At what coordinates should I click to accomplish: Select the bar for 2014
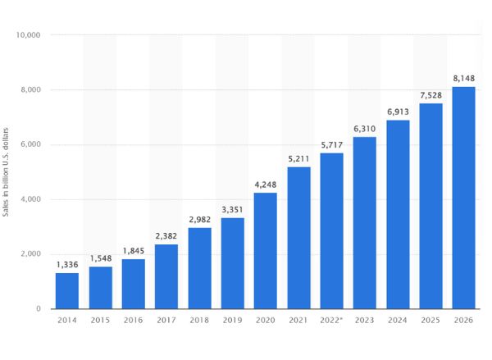click(67, 290)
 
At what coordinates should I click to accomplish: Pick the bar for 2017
click(166, 276)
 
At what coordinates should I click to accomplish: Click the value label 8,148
click(463, 79)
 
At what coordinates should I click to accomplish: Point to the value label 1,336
click(67, 265)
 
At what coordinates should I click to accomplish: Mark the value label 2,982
click(199, 219)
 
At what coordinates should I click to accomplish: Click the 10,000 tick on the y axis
click(29, 35)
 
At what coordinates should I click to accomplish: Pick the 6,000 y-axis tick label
click(31, 145)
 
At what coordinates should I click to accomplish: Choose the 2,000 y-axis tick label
click(31, 254)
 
